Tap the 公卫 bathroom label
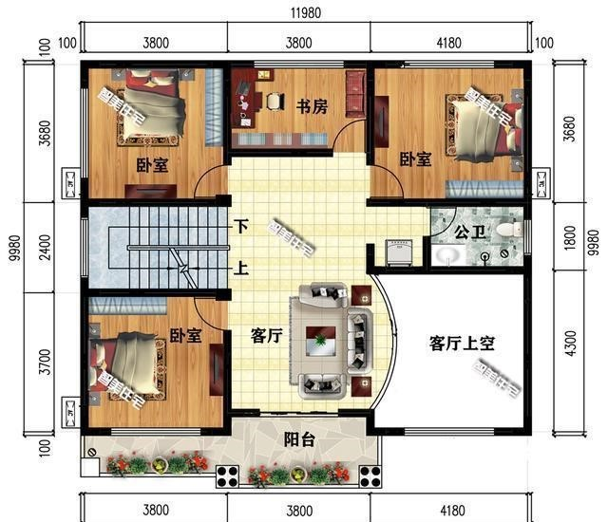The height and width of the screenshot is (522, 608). tap(469, 231)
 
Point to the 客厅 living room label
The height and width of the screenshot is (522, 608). tap(267, 335)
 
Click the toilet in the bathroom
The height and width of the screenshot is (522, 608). tap(509, 229)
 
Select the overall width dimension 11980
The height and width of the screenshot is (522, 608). tap(313, 12)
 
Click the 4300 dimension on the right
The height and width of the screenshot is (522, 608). tap(570, 343)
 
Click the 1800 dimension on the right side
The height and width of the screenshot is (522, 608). tap(570, 236)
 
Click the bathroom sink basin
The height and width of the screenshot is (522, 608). tap(446, 254)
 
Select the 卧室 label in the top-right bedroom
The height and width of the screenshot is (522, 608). tap(415, 158)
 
